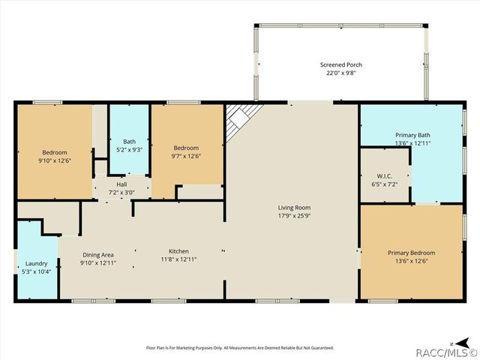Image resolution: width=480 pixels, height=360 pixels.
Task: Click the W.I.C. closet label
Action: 384,175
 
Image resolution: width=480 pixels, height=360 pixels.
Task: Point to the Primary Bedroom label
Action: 411,253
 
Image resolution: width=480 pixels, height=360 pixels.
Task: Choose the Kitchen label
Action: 178,251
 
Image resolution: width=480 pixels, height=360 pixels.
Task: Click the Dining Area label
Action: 97,255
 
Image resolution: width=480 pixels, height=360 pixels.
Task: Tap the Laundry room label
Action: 35,263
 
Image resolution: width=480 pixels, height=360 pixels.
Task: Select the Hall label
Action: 121,184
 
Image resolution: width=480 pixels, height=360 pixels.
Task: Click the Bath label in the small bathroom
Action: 129,141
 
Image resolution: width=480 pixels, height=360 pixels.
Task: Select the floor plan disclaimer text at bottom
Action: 239,347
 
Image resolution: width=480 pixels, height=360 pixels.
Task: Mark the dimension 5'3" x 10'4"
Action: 35,271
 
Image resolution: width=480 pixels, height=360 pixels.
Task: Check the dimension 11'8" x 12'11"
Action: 178,259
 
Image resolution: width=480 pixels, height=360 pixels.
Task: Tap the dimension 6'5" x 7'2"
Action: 384,184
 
